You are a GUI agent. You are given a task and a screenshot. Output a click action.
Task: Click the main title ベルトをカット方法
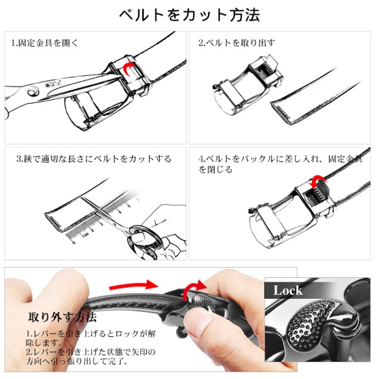(x=189, y=15)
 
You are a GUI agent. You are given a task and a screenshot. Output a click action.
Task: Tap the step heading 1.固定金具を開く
(x=45, y=43)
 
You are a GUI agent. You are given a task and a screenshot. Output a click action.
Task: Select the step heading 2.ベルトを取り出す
(x=237, y=43)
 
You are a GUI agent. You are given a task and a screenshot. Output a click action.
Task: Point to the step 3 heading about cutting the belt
(x=94, y=159)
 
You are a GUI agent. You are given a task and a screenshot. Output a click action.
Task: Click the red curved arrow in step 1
(x=128, y=68)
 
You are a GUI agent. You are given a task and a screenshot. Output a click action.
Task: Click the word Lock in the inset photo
(x=287, y=291)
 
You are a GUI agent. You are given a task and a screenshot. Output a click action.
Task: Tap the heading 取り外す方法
(x=63, y=317)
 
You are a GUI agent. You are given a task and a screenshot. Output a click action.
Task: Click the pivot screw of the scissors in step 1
(x=33, y=92)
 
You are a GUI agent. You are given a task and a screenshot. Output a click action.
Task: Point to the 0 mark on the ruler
(x=74, y=242)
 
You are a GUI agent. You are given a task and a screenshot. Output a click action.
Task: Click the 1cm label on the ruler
(x=85, y=235)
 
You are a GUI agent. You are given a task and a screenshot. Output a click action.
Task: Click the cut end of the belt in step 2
(x=280, y=112)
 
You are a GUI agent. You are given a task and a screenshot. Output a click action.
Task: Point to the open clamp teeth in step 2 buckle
(x=265, y=71)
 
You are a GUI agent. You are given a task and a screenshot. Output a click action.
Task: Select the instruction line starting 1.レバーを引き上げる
(x=90, y=338)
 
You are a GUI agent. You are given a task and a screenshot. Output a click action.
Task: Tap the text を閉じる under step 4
(x=215, y=169)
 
